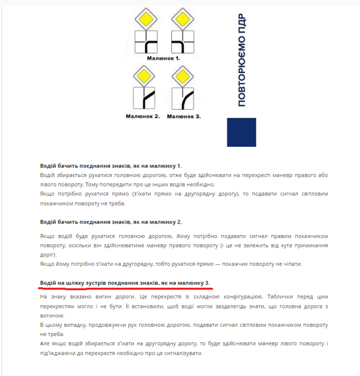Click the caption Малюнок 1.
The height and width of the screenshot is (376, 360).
click(163, 58)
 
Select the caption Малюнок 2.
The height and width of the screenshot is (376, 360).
click(143, 116)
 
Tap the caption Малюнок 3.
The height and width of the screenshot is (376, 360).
click(184, 116)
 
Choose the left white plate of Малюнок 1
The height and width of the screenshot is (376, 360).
click(145, 43)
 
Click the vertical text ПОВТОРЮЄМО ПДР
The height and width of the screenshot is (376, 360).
click(242, 60)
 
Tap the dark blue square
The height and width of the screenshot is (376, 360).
click(242, 132)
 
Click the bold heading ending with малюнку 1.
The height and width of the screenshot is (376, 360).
click(111, 165)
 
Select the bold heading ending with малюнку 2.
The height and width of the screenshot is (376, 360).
click(111, 222)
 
